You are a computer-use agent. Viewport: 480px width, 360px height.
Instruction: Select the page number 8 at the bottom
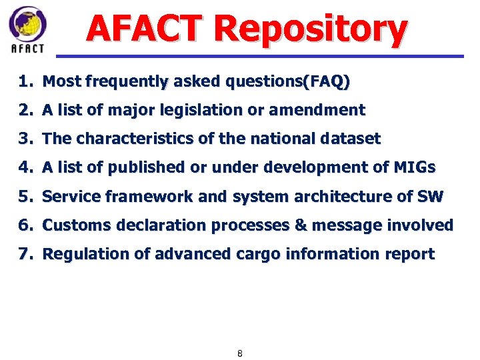[x=240, y=353]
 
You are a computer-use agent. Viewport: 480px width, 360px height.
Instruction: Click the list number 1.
[x=25, y=82]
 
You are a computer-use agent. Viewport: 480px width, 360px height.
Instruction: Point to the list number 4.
[x=25, y=168]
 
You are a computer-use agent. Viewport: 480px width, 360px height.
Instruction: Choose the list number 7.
[x=25, y=254]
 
